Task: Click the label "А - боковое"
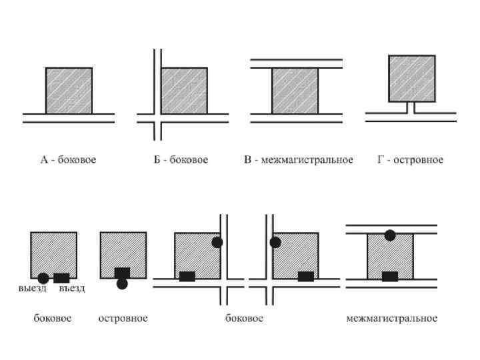(x=68, y=160)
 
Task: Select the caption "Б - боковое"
(x=181, y=160)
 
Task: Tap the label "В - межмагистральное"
(x=298, y=160)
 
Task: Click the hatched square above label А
(x=69, y=90)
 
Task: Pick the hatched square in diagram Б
(x=184, y=90)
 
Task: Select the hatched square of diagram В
(x=295, y=91)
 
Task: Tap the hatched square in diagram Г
(x=412, y=78)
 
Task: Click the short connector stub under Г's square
(x=412, y=107)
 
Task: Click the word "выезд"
(x=33, y=289)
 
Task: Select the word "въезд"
(x=72, y=289)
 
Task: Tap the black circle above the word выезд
(x=43, y=278)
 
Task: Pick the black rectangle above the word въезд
(x=61, y=277)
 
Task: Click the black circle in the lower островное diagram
(x=122, y=284)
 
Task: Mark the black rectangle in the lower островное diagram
(x=122, y=273)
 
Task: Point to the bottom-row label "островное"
(x=123, y=319)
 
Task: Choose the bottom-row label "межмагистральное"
(x=392, y=319)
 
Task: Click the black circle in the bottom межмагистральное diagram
(x=390, y=235)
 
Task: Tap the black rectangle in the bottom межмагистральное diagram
(x=390, y=277)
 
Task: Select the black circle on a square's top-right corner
(x=217, y=242)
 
